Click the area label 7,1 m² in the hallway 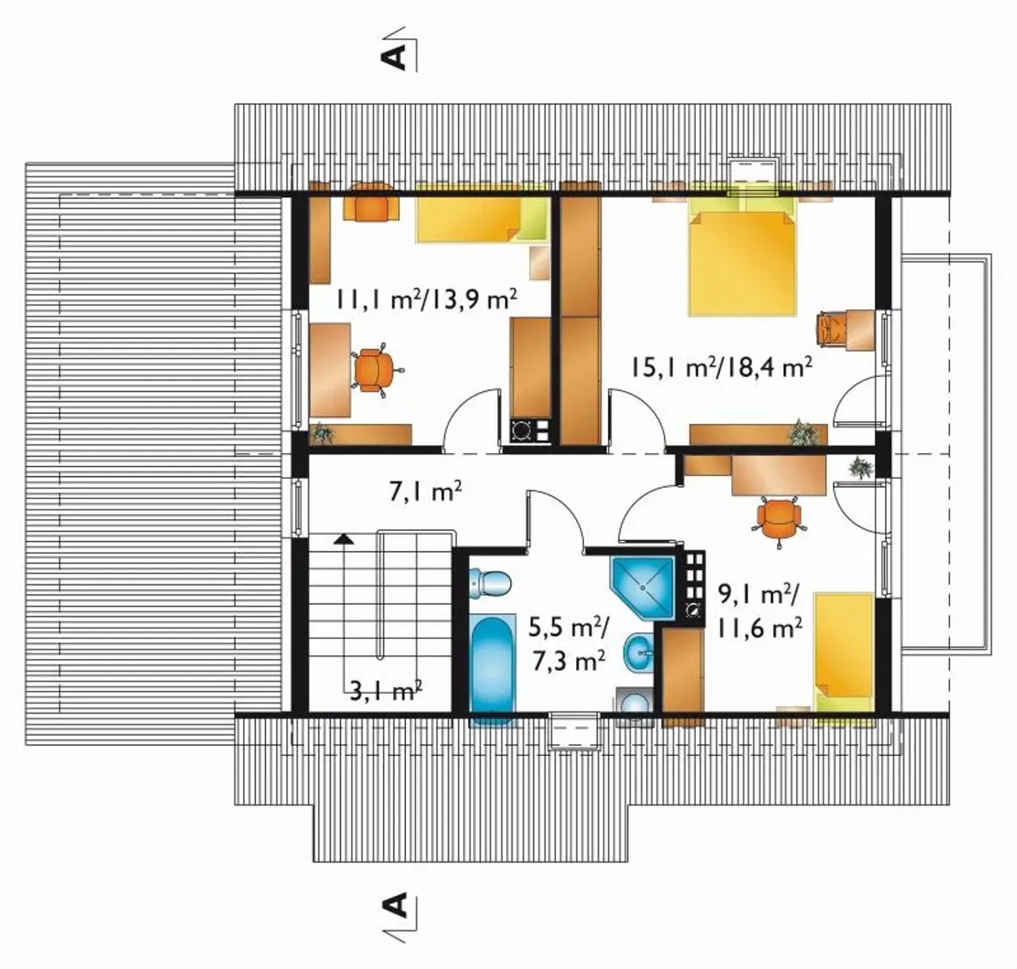425,491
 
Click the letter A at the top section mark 394,57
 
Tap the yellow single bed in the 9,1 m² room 844,653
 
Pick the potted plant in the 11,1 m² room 322,433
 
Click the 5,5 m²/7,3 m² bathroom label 569,643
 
